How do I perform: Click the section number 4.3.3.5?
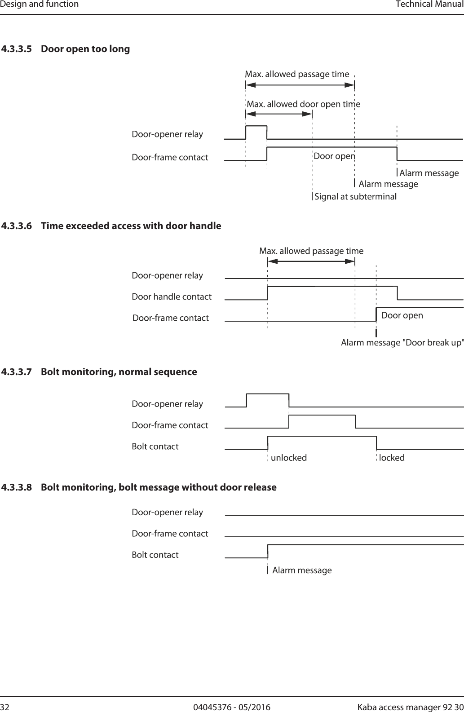pyautogui.click(x=17, y=49)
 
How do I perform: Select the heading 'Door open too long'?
pyautogui.click(x=85, y=49)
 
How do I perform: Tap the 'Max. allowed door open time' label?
pyautogui.click(x=304, y=104)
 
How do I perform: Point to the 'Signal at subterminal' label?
pyautogui.click(x=355, y=197)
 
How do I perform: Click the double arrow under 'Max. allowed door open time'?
pyautogui.click(x=279, y=114)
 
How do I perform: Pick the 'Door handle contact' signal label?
pyautogui.click(x=172, y=297)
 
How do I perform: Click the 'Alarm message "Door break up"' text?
pyautogui.click(x=402, y=343)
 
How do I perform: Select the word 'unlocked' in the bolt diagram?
pyautogui.click(x=289, y=458)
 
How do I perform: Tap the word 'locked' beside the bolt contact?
pyautogui.click(x=392, y=458)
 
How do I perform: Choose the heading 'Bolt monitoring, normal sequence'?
pyautogui.click(x=119, y=372)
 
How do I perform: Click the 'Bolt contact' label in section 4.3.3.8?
pyautogui.click(x=155, y=555)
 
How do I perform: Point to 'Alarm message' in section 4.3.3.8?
pyautogui.click(x=302, y=570)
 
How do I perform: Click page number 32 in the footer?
pyautogui.click(x=5, y=708)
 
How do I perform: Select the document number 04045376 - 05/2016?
pyautogui.click(x=232, y=708)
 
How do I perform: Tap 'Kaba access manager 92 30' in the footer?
pyautogui.click(x=410, y=708)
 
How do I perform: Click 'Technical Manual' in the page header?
pyautogui.click(x=429, y=4)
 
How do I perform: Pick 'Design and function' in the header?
pyautogui.click(x=40, y=4)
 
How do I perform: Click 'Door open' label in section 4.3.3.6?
pyautogui.click(x=402, y=315)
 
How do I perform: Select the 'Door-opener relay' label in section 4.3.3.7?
pyautogui.click(x=167, y=404)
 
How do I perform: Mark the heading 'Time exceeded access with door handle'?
pyautogui.click(x=131, y=226)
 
